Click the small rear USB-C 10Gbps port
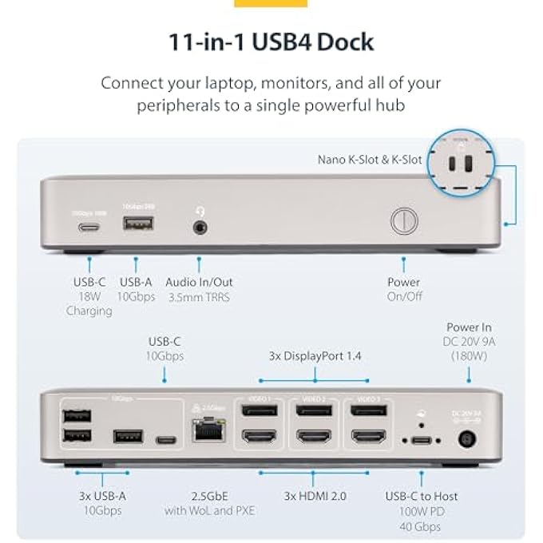coord(165,439)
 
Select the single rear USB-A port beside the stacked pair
coord(127,437)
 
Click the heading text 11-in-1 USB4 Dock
coord(271,42)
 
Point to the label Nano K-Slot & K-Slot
coord(368,160)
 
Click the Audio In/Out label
coord(199,282)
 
